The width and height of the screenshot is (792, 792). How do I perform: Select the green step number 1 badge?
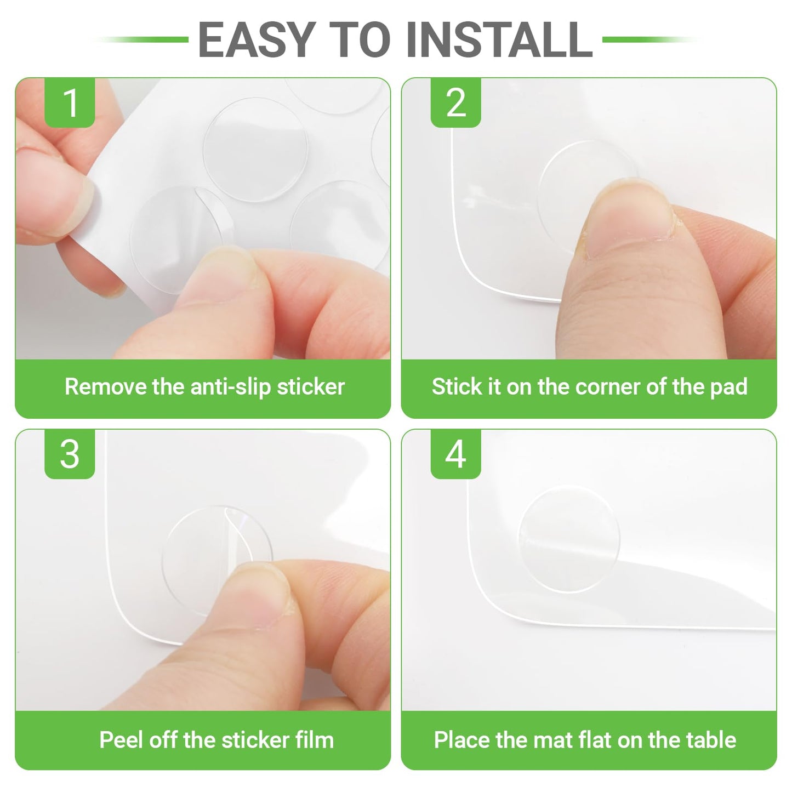tap(70, 102)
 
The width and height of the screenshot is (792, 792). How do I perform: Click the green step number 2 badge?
tap(456, 102)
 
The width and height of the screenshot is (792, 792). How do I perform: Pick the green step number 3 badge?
tap(70, 454)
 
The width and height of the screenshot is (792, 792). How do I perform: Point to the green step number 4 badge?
tap(456, 454)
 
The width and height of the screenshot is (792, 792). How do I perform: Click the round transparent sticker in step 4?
tap(568, 539)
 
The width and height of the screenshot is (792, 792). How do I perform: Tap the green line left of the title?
tap(140, 39)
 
